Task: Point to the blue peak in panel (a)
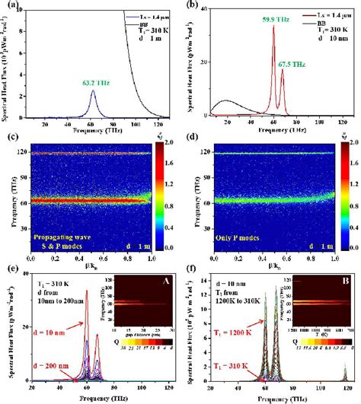click(92, 91)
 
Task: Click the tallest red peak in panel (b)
click(273, 27)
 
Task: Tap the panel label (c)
click(10, 138)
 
